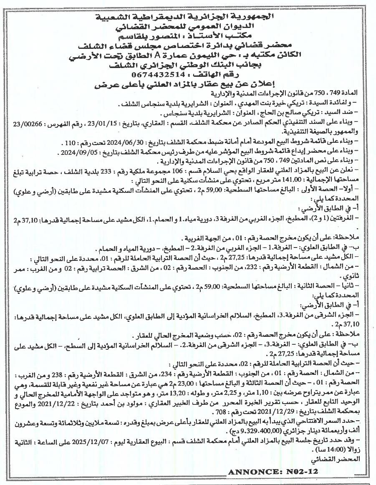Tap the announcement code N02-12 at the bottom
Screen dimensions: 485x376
pos(301,472)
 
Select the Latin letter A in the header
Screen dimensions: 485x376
pos(157,57)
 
